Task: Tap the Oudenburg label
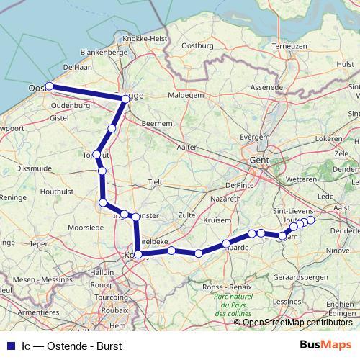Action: [x=68, y=105]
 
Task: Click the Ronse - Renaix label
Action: [x=229, y=287]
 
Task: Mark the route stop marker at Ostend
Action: [x=50, y=87]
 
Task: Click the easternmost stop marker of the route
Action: [x=311, y=220]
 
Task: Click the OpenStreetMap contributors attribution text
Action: [x=297, y=322]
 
